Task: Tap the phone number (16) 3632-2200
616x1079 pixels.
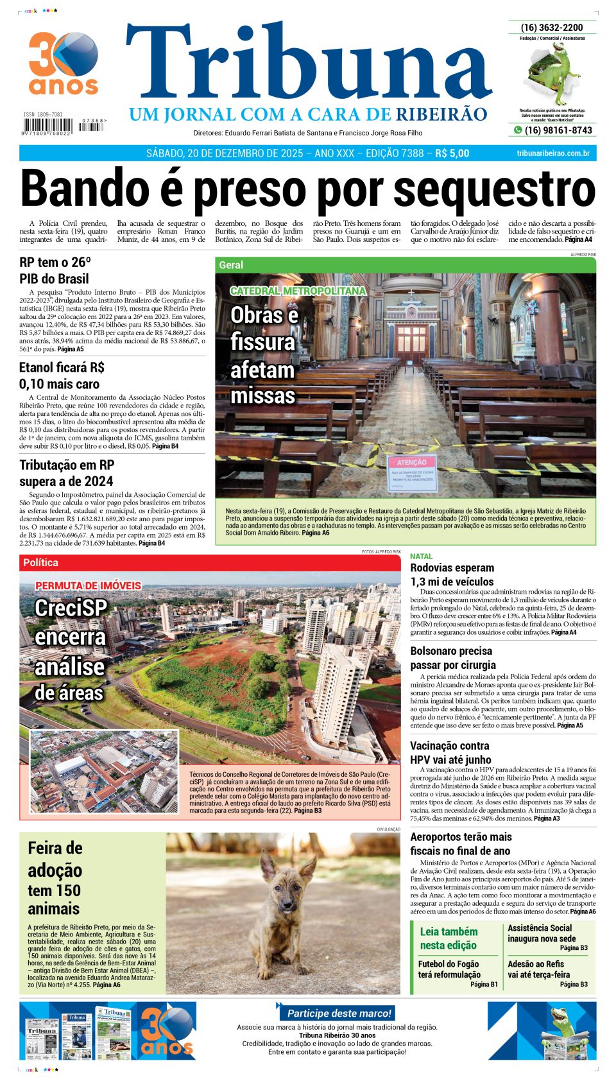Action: point(552,28)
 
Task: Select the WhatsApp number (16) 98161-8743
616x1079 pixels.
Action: point(558,130)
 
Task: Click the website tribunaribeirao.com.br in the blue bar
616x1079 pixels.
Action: point(552,153)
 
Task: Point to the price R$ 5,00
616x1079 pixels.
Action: point(452,153)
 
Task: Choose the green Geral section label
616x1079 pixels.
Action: point(231,265)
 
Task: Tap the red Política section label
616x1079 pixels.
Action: point(40,562)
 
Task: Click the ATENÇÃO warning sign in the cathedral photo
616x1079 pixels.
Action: point(411,462)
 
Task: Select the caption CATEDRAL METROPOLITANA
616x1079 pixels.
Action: point(298,291)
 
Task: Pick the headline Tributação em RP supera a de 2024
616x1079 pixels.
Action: point(66,473)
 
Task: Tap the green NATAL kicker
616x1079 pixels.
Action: point(422,556)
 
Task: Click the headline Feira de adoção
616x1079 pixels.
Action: point(55,859)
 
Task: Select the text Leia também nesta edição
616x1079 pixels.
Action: point(449,938)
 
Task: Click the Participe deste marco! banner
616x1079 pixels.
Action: point(338,1013)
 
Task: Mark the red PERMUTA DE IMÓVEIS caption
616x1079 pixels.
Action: point(88,585)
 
